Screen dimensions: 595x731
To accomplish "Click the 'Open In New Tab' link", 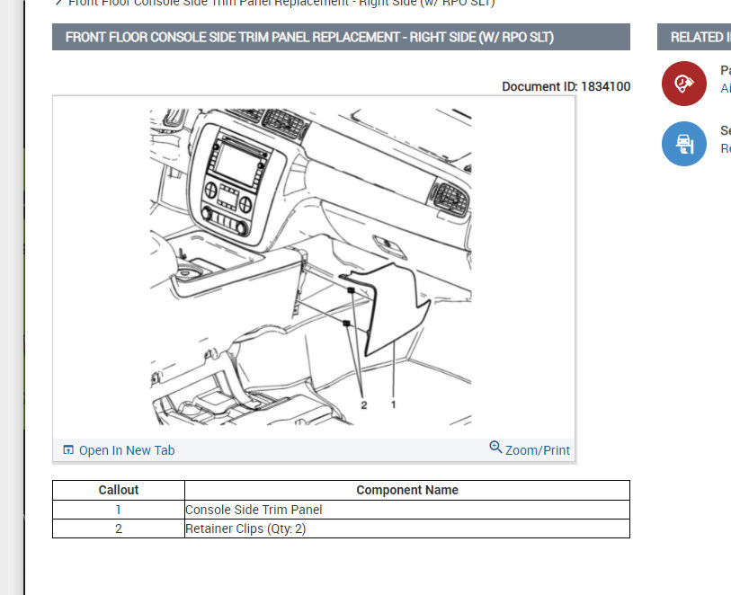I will click(x=126, y=450).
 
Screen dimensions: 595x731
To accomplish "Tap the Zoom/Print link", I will click(x=537, y=450).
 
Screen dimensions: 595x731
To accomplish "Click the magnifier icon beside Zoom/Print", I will click(x=495, y=448).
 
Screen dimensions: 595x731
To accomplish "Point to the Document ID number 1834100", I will click(x=605, y=87).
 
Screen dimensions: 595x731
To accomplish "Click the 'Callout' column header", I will click(x=119, y=490).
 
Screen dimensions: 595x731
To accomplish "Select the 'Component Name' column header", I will click(x=406, y=490).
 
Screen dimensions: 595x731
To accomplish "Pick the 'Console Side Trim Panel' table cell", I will click(x=254, y=510).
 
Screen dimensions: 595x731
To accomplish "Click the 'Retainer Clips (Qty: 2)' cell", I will click(x=245, y=528).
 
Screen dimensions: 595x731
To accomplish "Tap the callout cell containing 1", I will click(x=119, y=510).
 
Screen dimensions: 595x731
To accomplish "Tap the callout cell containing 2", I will click(x=119, y=528).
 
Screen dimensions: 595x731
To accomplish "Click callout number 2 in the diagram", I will click(x=363, y=404).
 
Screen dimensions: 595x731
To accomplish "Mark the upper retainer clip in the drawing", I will click(x=352, y=291).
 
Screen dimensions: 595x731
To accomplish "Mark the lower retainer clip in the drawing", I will click(x=346, y=323).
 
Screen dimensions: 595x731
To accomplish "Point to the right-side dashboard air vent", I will click(x=446, y=197).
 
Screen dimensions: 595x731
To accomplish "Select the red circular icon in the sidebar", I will click(x=683, y=84).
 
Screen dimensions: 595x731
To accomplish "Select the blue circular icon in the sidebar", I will click(x=683, y=144).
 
